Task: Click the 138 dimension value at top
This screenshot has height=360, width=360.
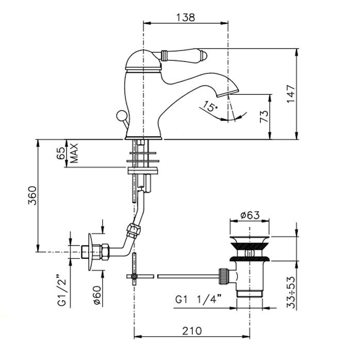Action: [185, 17]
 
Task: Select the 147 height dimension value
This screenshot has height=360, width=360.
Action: [291, 94]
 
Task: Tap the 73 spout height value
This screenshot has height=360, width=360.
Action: [264, 117]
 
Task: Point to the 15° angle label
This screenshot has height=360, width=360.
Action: [209, 106]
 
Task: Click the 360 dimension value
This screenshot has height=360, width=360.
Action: [32, 195]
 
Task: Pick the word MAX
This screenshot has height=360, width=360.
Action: [74, 153]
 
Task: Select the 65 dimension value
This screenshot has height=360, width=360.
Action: [61, 153]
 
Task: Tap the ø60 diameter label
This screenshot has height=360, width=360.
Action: [97, 295]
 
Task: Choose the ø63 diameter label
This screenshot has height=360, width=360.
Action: [250, 215]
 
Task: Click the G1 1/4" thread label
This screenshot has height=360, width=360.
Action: [199, 299]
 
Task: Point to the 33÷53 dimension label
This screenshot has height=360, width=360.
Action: [291, 292]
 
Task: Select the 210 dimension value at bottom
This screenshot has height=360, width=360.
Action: [192, 331]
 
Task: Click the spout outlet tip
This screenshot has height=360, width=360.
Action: [227, 92]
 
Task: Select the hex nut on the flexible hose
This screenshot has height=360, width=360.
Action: [134, 230]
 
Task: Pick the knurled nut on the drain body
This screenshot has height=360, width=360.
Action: [224, 276]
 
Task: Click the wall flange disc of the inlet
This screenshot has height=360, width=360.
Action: [91, 252]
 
